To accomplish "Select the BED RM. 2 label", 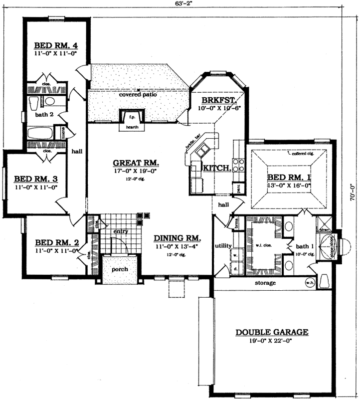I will [x=57, y=243].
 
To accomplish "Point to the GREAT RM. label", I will [x=136, y=163].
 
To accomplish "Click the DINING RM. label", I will [x=177, y=238].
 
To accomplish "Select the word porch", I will [x=120, y=269].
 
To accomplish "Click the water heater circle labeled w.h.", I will [x=309, y=283].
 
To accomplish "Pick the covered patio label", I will [x=138, y=94].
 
